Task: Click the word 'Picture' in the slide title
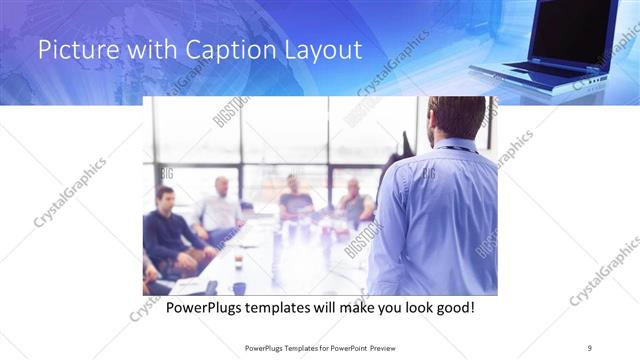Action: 73,51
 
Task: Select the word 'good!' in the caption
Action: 453,307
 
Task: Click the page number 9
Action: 589,347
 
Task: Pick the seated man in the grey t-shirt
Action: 295,200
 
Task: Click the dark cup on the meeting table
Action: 238,262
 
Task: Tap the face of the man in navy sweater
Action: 166,197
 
